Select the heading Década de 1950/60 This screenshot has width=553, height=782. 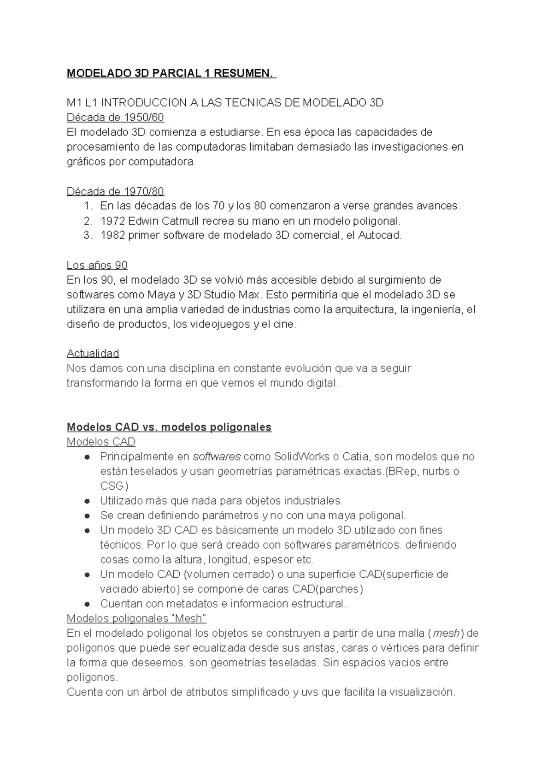(115, 118)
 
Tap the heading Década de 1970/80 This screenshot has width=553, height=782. (115, 191)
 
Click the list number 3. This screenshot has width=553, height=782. (88, 235)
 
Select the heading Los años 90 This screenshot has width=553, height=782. (97, 265)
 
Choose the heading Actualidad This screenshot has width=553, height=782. (93, 354)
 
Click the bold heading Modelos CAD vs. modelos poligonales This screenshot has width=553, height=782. (169, 427)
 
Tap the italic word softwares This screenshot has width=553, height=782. (217, 456)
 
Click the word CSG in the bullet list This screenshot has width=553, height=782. (112, 486)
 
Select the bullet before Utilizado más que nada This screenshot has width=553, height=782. (87, 501)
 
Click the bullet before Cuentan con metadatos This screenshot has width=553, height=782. (87, 604)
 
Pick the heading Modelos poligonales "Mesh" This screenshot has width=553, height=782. (136, 618)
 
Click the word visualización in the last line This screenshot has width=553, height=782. (422, 692)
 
